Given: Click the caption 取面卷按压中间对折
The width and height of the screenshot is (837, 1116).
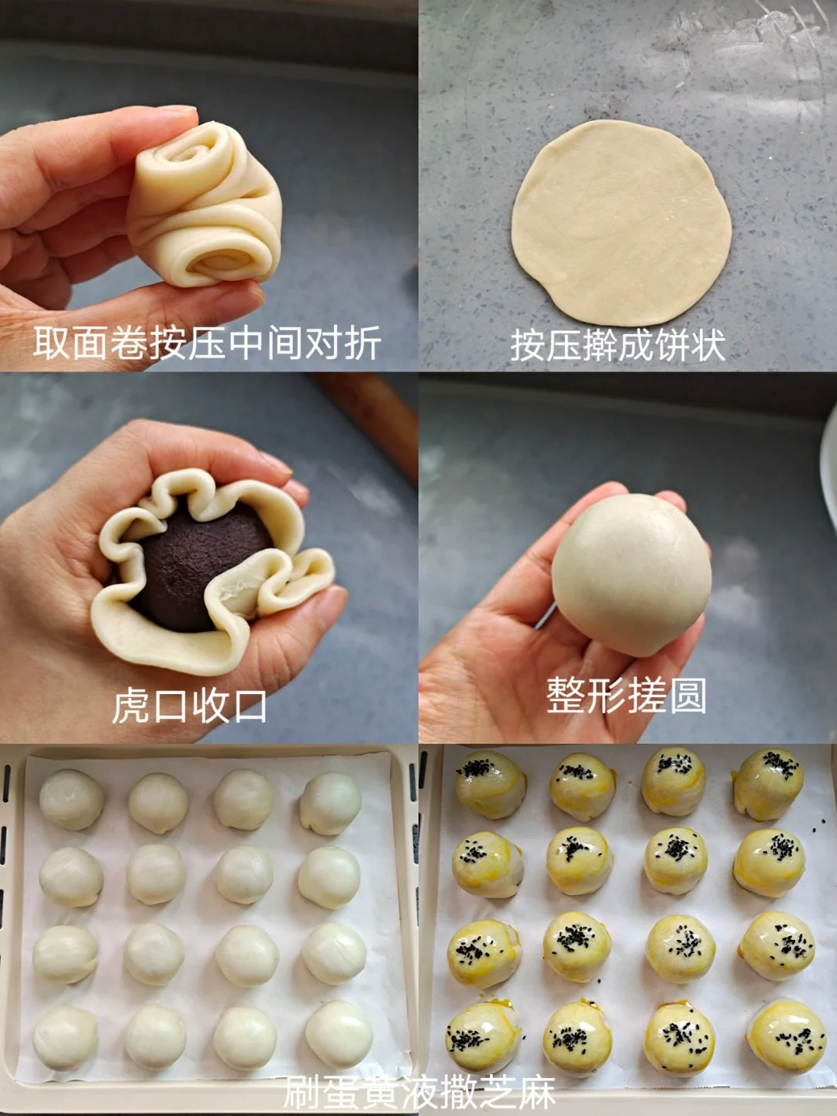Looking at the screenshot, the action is click(x=207, y=344).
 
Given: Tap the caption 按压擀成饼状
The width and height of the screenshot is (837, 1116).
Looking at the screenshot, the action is click(x=618, y=345).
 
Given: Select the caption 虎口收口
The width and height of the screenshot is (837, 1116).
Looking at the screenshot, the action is click(x=189, y=707).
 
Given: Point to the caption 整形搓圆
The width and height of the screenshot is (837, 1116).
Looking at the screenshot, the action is click(x=626, y=696).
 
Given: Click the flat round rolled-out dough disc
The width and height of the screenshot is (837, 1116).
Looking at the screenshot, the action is click(x=621, y=223).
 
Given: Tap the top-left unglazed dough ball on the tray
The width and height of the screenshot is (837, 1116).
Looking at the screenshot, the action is click(x=71, y=800).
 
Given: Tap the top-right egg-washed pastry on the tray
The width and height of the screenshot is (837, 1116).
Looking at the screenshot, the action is click(x=767, y=783).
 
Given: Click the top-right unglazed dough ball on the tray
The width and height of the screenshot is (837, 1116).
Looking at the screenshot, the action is click(x=330, y=803).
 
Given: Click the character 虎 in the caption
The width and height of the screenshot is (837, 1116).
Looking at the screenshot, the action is click(x=130, y=707).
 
